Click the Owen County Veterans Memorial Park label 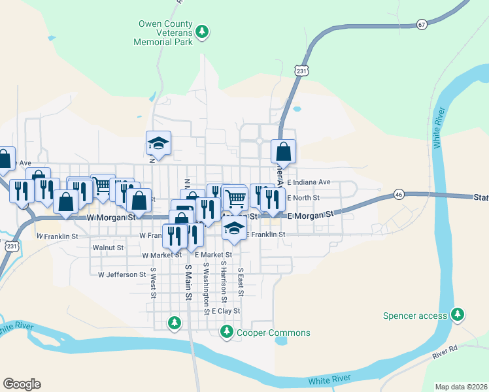165,33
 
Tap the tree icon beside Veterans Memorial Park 203,31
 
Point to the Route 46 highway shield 399,195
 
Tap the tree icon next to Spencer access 458,316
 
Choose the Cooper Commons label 273,333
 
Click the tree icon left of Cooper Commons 226,333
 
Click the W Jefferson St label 122,275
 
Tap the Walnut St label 108,248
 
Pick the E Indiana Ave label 309,182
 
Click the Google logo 22,384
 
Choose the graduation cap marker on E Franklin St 234,228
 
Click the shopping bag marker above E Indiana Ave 283,152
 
